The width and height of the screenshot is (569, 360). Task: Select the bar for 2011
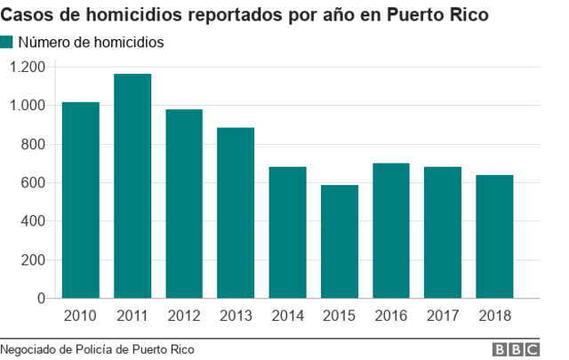[x=132, y=187]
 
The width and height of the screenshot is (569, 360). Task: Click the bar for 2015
[x=339, y=242]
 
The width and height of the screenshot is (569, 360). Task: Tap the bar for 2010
[x=80, y=201]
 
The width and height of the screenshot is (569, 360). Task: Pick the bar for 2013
[x=236, y=213]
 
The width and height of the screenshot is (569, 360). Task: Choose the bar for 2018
[x=494, y=237]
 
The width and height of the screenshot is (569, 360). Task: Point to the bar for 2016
[x=391, y=231]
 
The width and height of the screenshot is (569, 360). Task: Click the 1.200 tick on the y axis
[x=27, y=67]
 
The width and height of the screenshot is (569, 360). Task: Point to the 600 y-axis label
[x=34, y=183]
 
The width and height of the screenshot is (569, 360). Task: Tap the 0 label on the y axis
[x=42, y=299]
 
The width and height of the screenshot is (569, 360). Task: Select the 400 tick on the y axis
[x=34, y=221]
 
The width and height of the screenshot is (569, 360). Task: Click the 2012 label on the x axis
[x=184, y=316]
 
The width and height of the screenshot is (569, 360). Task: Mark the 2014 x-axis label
[x=287, y=316]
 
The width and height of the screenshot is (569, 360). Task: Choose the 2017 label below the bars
[x=443, y=316]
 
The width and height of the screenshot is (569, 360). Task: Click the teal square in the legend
[x=7, y=42]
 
